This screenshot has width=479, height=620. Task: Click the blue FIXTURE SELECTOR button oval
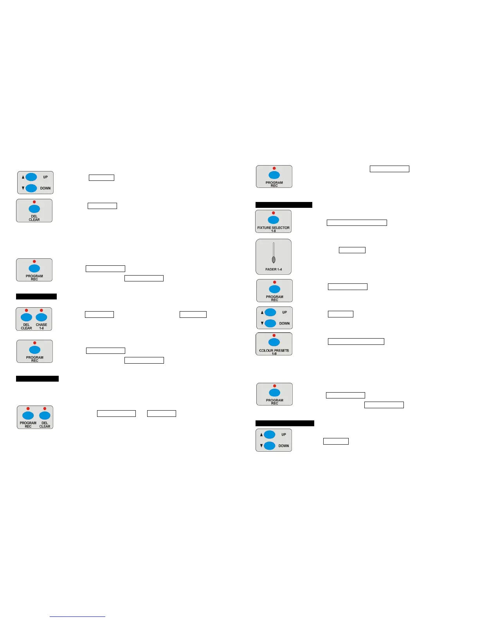(274, 220)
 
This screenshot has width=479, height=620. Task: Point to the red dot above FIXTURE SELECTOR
(274, 213)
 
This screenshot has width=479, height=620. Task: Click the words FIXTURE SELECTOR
(273, 228)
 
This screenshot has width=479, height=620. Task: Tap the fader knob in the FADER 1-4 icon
(274, 259)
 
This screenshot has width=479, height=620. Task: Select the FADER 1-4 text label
(274, 269)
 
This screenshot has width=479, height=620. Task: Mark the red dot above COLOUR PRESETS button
(274, 335)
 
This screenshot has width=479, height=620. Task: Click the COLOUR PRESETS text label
(274, 351)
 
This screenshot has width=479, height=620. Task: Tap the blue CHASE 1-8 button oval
(41, 317)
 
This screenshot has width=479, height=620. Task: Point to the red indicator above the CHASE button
(41, 310)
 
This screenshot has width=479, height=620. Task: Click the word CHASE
(41, 325)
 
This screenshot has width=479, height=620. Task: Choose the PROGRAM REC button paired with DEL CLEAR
(28, 415)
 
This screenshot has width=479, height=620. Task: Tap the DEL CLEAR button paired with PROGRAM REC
(45, 415)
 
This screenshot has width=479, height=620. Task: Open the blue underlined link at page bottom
(77, 616)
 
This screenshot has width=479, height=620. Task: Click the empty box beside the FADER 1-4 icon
(352, 250)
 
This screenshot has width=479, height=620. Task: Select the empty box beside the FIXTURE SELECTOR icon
(357, 223)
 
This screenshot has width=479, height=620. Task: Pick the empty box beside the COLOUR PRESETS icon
(356, 341)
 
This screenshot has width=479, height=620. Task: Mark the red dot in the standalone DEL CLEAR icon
(34, 202)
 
